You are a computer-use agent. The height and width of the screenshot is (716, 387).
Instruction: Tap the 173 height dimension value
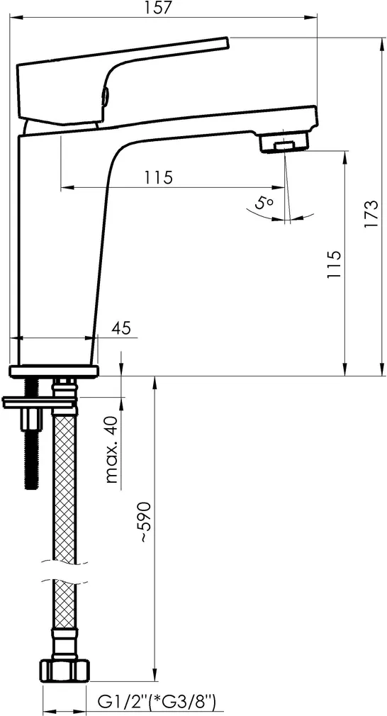click(371, 214)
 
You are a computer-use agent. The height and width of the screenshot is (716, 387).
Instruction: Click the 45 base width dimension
click(121, 328)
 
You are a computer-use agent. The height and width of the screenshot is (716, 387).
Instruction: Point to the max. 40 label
click(112, 449)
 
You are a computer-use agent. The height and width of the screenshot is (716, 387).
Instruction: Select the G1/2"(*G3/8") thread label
click(157, 700)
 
